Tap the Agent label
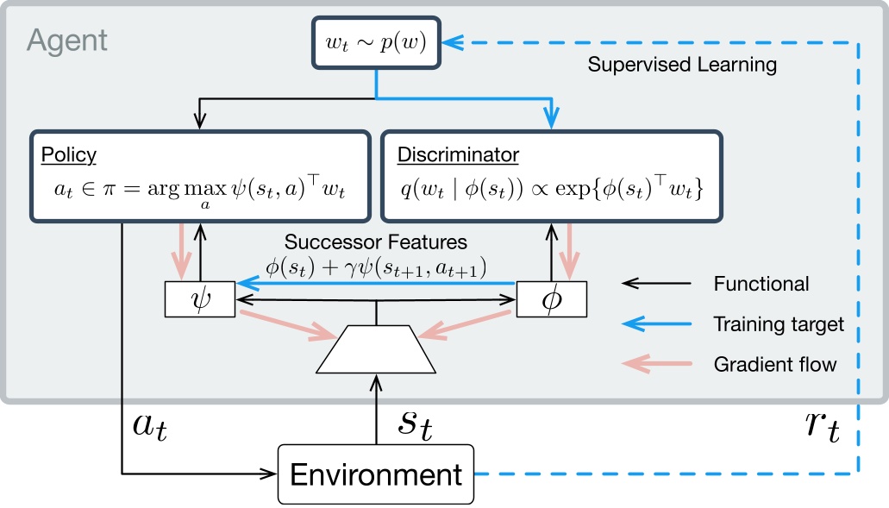point(68,40)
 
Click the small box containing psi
point(200,298)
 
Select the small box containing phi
point(550,298)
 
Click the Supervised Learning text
point(682,65)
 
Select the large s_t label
point(421,423)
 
